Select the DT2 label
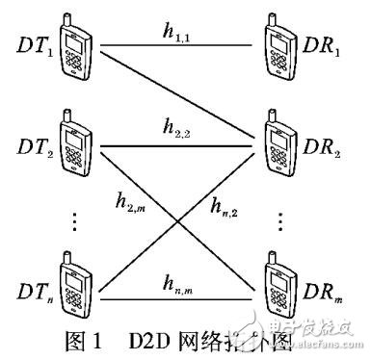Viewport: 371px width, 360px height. [x=31, y=149]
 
